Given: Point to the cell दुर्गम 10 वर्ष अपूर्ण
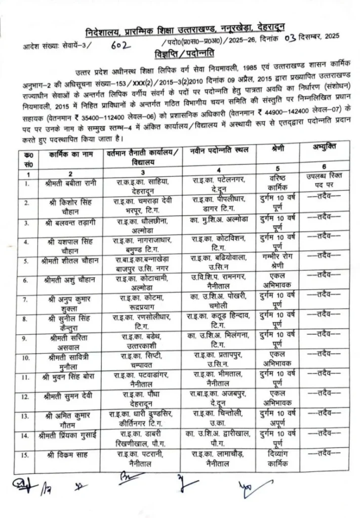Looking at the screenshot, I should [x=281, y=419].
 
